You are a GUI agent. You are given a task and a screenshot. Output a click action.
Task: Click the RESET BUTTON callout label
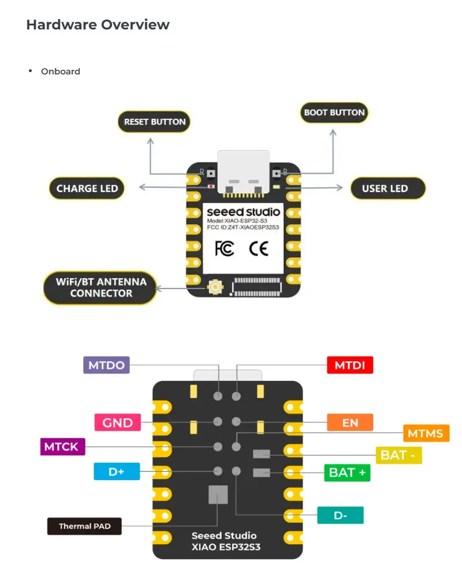(154, 122)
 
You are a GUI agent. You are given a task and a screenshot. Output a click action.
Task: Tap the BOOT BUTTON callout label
(334, 113)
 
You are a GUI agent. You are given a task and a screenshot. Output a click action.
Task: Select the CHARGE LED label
(87, 189)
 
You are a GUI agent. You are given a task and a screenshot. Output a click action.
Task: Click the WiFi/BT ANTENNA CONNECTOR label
(100, 288)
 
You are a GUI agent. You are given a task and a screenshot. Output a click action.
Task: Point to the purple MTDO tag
(106, 365)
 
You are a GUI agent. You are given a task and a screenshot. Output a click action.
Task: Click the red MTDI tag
(350, 365)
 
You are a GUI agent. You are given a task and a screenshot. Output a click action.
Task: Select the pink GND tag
(118, 422)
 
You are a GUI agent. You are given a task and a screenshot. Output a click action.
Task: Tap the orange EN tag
(350, 422)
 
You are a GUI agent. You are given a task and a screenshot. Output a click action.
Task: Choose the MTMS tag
(426, 433)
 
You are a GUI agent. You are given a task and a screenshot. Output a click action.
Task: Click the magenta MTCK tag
(62, 447)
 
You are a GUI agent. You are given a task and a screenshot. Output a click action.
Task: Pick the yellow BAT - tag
(398, 455)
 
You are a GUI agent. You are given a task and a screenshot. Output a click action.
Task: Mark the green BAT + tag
(347, 473)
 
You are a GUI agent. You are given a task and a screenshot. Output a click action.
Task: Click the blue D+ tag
(117, 471)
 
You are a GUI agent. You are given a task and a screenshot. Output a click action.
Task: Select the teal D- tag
(340, 515)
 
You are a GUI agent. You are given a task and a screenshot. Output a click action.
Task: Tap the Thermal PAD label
(84, 526)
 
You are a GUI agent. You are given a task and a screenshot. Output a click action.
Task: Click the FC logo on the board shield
(225, 249)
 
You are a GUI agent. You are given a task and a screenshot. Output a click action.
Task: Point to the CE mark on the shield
(259, 249)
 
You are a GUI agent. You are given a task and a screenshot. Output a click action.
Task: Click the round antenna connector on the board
(215, 287)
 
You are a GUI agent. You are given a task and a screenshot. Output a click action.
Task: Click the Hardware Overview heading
(98, 25)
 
